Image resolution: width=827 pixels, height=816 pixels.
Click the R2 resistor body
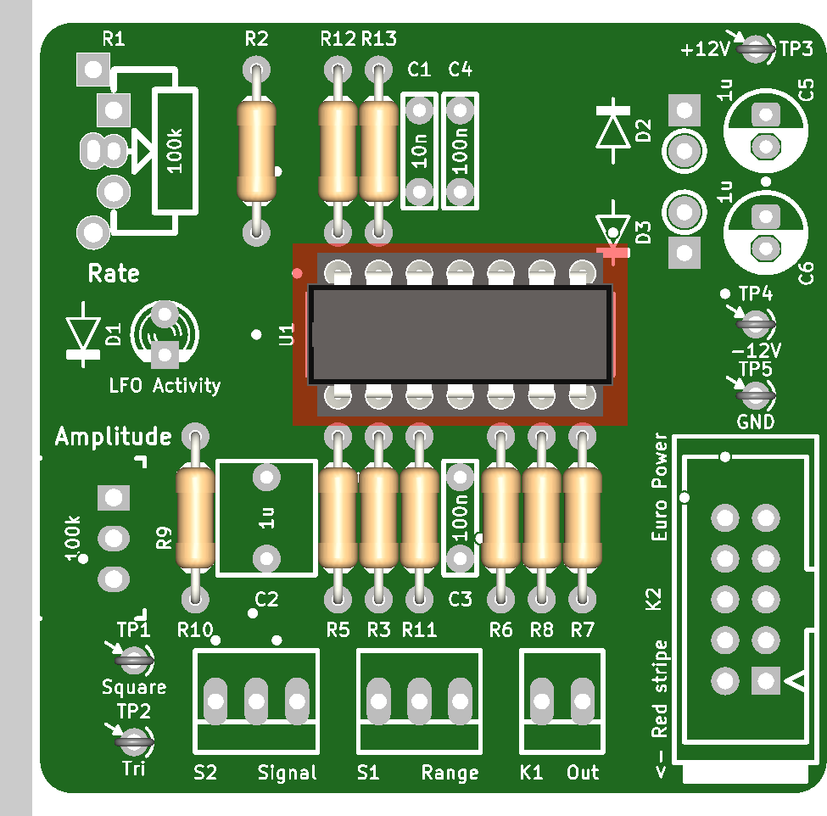(256, 151)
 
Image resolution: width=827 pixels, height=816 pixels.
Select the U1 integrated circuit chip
(460, 335)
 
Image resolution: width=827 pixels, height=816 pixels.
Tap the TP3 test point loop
(756, 49)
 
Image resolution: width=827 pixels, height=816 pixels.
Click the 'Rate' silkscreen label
(114, 273)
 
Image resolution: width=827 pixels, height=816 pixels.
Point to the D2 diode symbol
(613, 131)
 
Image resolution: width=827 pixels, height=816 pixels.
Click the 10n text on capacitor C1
(419, 151)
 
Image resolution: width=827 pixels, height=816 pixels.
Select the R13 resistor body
(378, 151)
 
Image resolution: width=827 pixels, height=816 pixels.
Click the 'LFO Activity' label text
(165, 386)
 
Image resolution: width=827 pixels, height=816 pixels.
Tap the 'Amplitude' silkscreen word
(114, 437)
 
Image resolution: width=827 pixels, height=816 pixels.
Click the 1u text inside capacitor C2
(267, 518)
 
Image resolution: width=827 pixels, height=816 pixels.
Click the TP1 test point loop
(135, 660)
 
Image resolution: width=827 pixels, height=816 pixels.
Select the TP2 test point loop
(135, 741)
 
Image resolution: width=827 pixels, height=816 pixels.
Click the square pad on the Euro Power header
(765, 680)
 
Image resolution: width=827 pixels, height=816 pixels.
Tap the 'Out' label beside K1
(583, 773)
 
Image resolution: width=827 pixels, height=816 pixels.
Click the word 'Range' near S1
(450, 774)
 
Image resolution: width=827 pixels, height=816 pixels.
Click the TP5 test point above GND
(756, 395)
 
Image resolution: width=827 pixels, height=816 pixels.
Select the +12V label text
(705, 49)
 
